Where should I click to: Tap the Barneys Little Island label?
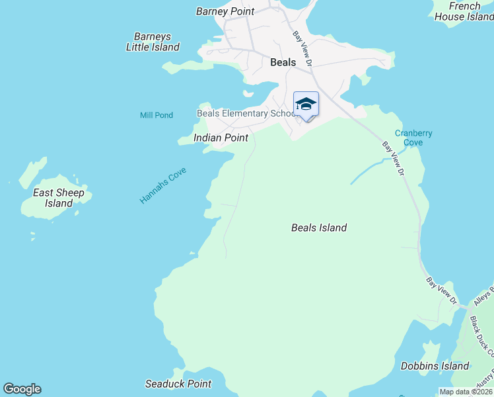[x=153, y=42]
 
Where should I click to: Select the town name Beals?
[x=283, y=62]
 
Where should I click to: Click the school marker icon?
[x=306, y=105]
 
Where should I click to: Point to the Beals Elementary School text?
[x=247, y=113]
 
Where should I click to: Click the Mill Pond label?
[x=157, y=115]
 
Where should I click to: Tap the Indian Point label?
[x=221, y=138]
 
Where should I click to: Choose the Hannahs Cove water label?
[x=163, y=185]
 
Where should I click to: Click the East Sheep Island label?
[x=59, y=198]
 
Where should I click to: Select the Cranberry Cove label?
[x=413, y=138]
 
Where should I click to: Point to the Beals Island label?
[x=319, y=228]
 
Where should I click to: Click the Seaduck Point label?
[x=178, y=384]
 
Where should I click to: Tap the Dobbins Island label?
[x=435, y=366]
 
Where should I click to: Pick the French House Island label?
[x=465, y=11]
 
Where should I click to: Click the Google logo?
[x=22, y=389]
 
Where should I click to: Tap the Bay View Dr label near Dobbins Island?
[x=442, y=291]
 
